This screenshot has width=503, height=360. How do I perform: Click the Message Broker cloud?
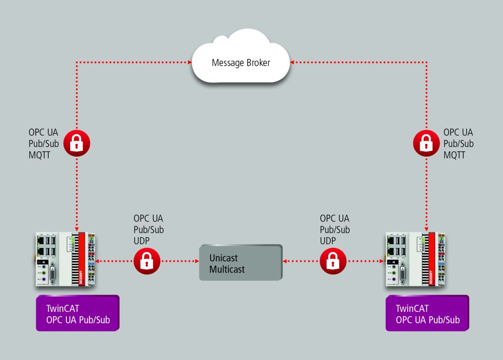pos(241,63)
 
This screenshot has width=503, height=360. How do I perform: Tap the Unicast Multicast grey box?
pos(241,263)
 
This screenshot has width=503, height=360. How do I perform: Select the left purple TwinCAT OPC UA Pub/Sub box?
pos(78,313)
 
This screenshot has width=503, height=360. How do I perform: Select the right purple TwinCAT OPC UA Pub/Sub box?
pos(427,313)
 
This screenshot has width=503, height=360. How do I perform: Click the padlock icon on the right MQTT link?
pos(427,143)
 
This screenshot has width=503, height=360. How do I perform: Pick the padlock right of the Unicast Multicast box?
pos(333,261)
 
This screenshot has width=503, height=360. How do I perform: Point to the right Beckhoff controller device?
pos(417,260)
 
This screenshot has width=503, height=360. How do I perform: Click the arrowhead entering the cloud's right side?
pos(292,62)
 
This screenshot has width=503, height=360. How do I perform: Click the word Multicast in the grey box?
pos(227,269)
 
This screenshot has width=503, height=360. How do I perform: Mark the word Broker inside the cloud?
pos(255,63)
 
